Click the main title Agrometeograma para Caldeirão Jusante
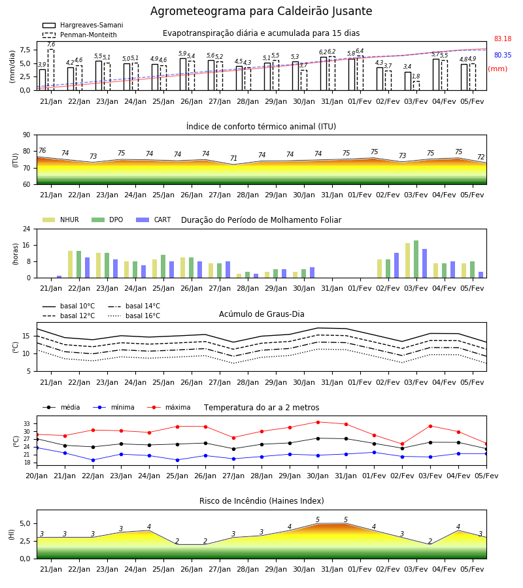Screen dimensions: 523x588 tap(261, 11)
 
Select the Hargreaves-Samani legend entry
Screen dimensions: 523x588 tap(83, 25)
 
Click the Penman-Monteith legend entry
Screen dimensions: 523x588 tap(80, 35)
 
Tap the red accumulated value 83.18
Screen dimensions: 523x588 tap(503, 39)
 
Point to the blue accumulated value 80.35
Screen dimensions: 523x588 tap(503, 55)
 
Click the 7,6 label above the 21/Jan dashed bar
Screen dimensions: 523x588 tap(51, 44)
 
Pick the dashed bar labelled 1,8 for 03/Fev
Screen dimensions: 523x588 tap(416, 86)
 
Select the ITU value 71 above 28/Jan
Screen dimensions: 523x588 tap(234, 158)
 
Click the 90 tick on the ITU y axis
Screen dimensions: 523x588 tap(27, 135)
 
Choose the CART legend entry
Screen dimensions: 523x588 tap(154, 220)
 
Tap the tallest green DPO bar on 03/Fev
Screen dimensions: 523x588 tap(416, 259)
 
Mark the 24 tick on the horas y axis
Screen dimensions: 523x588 tap(27, 229)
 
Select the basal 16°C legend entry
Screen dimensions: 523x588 tap(134, 316)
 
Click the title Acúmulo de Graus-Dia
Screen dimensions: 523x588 tap(261, 314)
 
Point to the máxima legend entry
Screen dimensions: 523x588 tap(169, 407)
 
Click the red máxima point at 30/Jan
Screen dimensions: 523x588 tap(318, 422)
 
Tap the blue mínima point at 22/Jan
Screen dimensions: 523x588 tap(93, 460)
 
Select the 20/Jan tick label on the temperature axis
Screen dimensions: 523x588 tap(37, 476)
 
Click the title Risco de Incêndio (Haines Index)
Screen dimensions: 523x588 tap(261, 501)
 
